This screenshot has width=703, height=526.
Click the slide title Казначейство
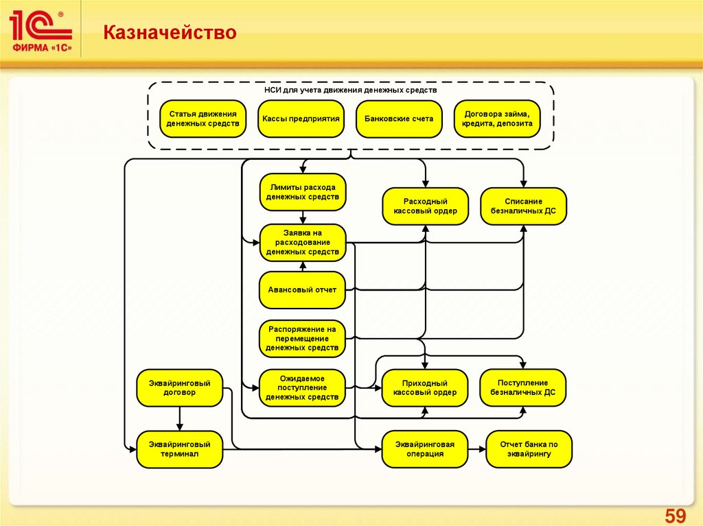[x=170, y=32]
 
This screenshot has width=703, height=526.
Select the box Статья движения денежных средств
[x=203, y=119]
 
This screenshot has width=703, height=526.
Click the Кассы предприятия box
[x=301, y=119]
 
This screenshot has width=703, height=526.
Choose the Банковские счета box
[x=399, y=119]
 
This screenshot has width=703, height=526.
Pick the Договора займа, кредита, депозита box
[x=497, y=119]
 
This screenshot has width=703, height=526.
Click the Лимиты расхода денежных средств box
[x=302, y=192]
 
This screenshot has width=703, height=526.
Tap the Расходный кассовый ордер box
[x=426, y=206]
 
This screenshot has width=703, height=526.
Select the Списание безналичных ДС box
[x=524, y=206]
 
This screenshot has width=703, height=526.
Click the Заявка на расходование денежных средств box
[x=302, y=243]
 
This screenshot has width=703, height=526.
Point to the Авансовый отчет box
[x=302, y=289]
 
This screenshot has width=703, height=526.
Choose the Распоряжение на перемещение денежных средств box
[x=302, y=339]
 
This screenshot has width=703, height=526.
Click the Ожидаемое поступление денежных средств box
[x=302, y=387]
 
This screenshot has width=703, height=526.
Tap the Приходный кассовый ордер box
[x=426, y=387]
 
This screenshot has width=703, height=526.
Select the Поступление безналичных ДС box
[x=524, y=387]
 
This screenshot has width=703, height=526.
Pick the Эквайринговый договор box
[x=179, y=387]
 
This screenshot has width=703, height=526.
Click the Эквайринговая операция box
[x=426, y=449]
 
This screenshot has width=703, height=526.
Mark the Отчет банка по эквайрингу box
[x=529, y=449]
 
